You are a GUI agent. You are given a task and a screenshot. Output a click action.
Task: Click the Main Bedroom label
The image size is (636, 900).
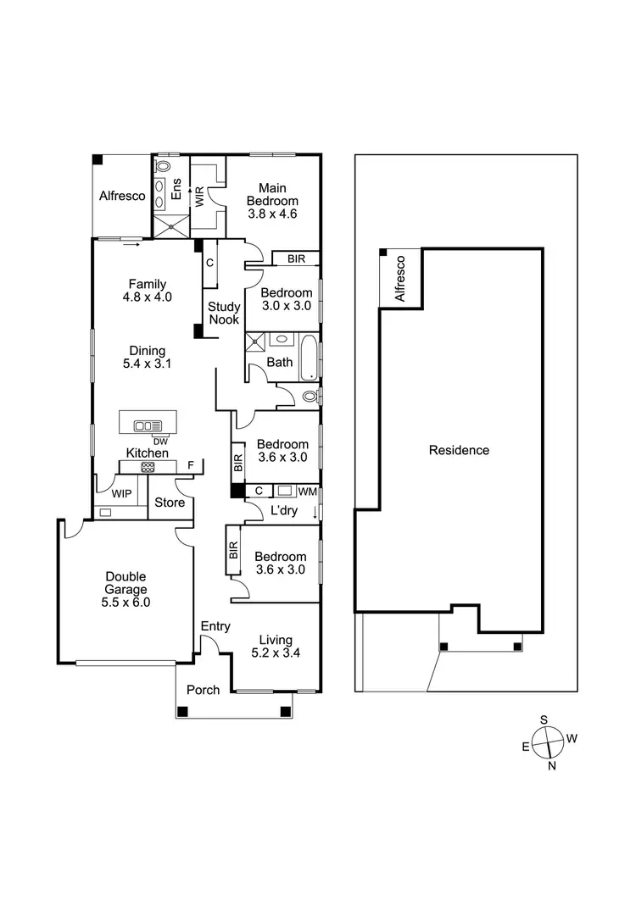pyautogui.click(x=272, y=194)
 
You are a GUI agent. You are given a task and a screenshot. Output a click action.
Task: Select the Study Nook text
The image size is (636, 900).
pyautogui.click(x=225, y=313)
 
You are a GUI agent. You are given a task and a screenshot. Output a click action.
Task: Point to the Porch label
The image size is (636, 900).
pyautogui.click(x=203, y=690)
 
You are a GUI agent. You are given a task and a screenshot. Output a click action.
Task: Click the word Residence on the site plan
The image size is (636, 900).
pyautogui.click(x=459, y=450)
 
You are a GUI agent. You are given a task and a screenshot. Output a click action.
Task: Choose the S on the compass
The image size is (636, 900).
pyautogui.click(x=544, y=720)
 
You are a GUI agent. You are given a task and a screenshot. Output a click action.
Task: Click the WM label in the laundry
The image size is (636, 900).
pyautogui.click(x=308, y=491)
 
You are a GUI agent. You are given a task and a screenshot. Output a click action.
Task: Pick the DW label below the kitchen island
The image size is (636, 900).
pyautogui.click(x=159, y=441)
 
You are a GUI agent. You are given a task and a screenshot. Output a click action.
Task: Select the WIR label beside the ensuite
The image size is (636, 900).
pyautogui.click(x=200, y=196)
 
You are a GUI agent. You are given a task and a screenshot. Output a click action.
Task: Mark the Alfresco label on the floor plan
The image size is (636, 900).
pyautogui.click(x=122, y=196)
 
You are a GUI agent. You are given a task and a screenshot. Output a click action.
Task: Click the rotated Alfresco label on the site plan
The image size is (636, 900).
pyautogui.click(x=401, y=279)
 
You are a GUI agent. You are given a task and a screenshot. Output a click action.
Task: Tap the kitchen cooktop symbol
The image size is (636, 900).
pyautogui.click(x=148, y=466)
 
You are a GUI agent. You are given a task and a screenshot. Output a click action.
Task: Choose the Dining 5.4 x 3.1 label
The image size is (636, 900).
pyautogui.click(x=148, y=358)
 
